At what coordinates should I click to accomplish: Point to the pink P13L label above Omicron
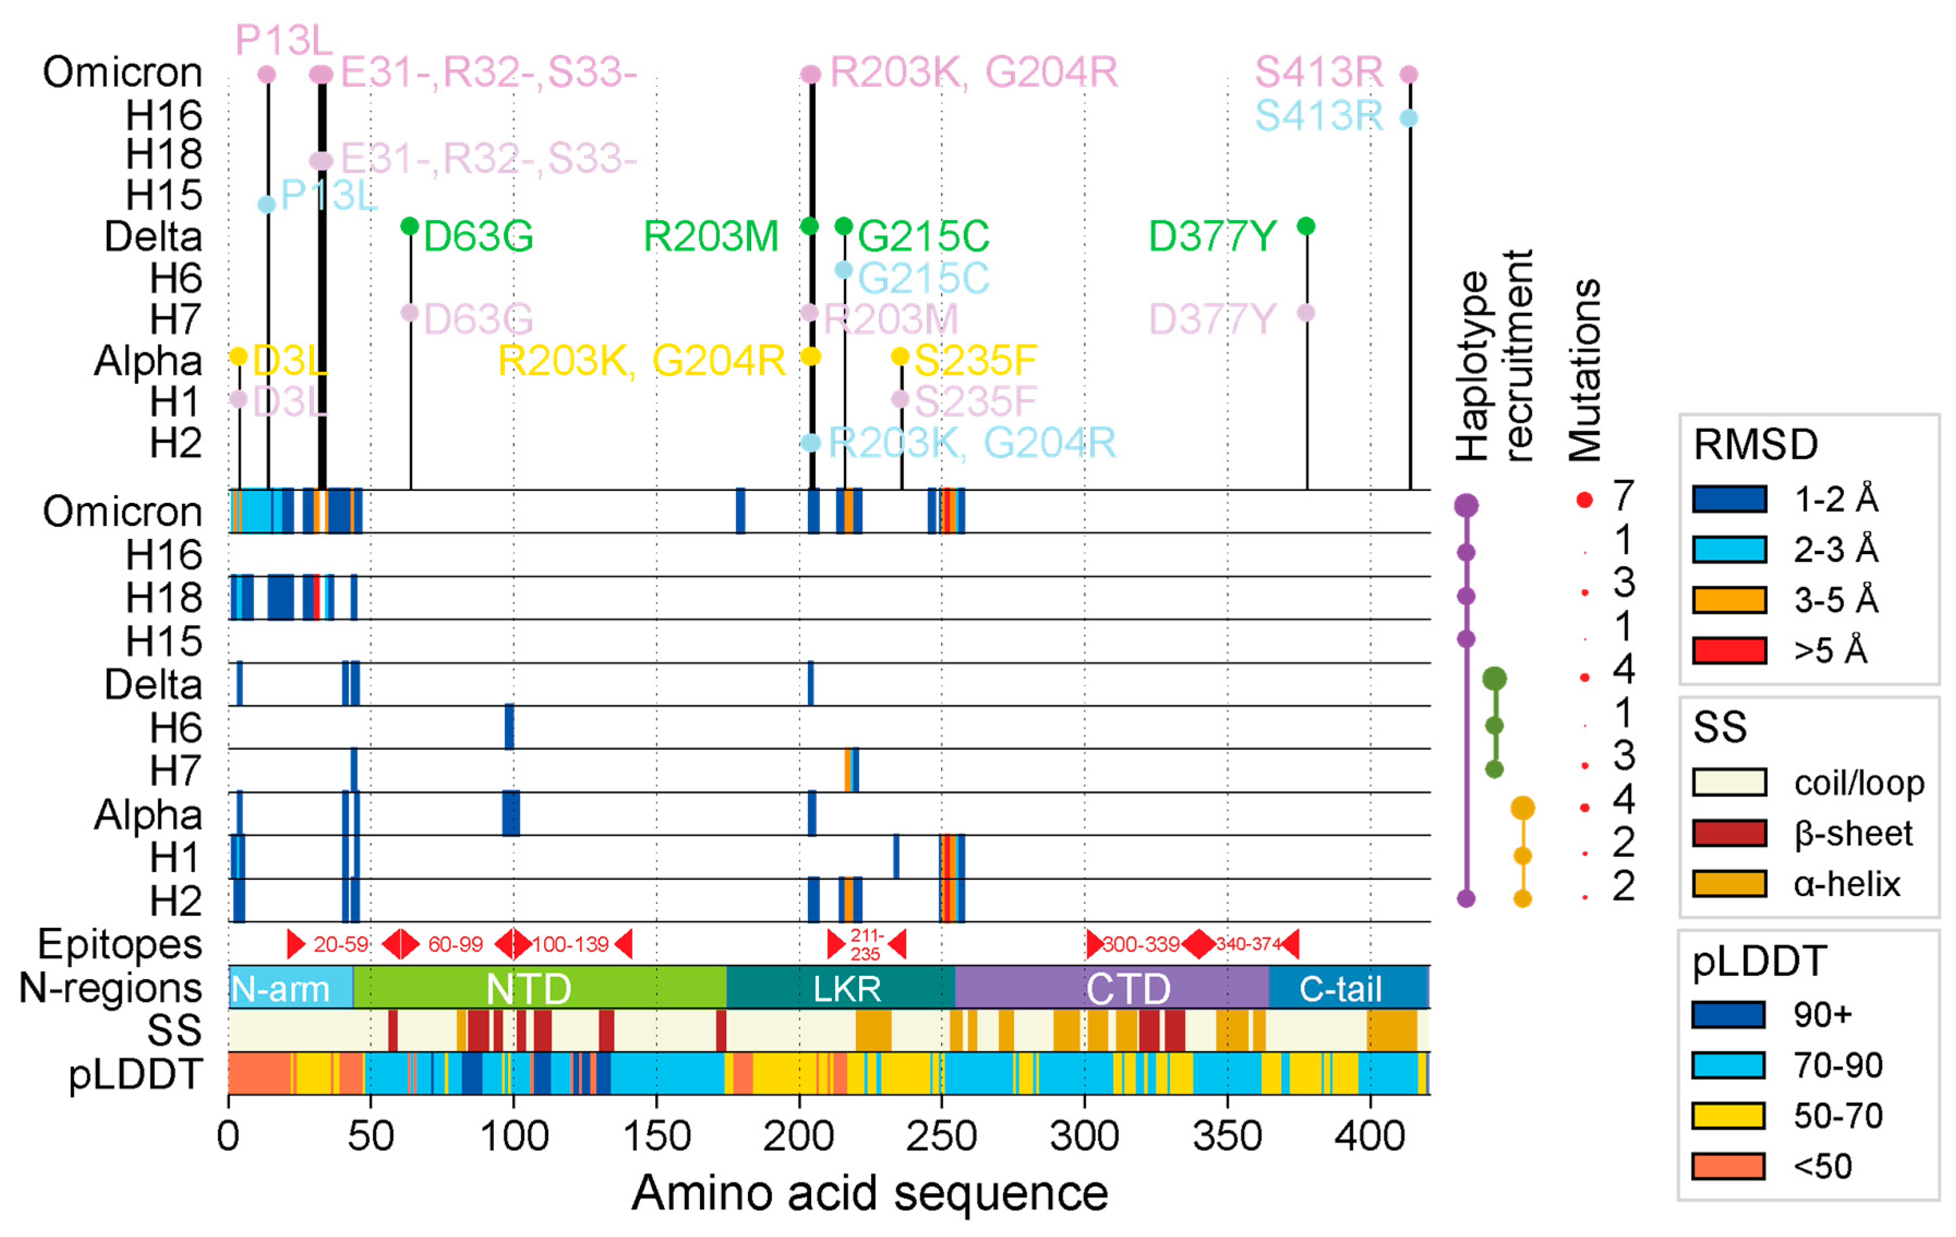(283, 40)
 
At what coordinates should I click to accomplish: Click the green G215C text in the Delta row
(923, 237)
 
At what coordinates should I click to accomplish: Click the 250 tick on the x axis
(940, 1136)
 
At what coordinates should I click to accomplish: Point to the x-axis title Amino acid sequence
(869, 1192)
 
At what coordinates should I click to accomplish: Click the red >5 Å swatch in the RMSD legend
(1729, 650)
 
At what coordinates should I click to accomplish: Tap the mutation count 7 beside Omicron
(1622, 496)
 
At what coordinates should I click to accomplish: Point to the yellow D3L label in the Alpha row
(289, 360)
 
